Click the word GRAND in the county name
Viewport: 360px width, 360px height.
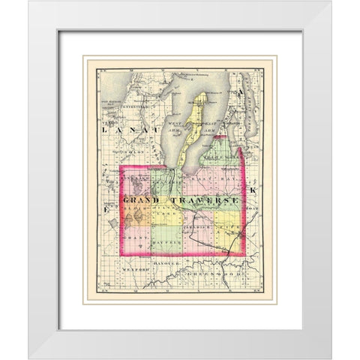[140, 202]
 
